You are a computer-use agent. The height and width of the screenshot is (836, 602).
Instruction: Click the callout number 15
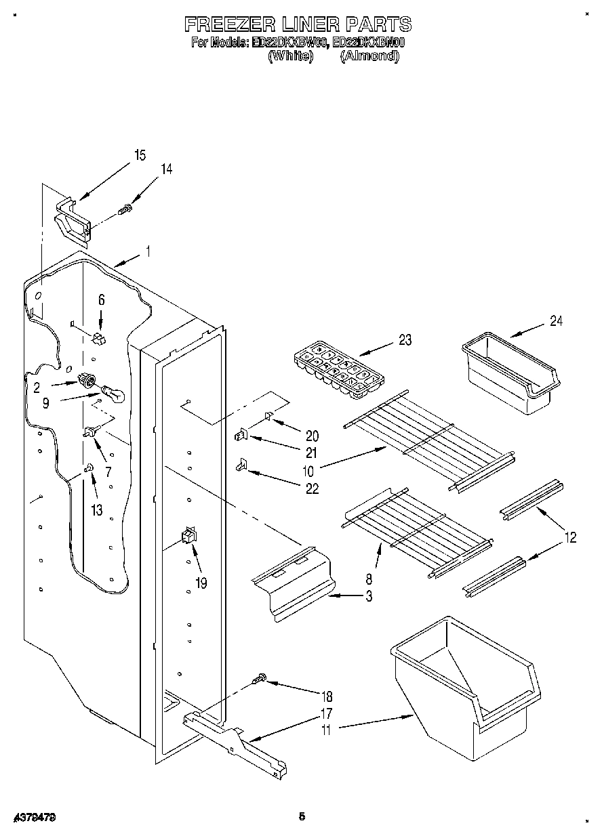click(139, 156)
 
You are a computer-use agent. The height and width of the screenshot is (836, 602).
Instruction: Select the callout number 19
click(201, 581)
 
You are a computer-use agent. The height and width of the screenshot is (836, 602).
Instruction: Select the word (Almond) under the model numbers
click(369, 56)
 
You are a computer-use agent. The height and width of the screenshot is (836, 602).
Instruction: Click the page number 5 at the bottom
click(301, 817)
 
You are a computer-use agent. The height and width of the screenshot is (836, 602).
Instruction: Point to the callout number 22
click(311, 488)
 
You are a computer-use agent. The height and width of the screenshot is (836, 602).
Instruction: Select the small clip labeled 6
click(99, 337)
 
